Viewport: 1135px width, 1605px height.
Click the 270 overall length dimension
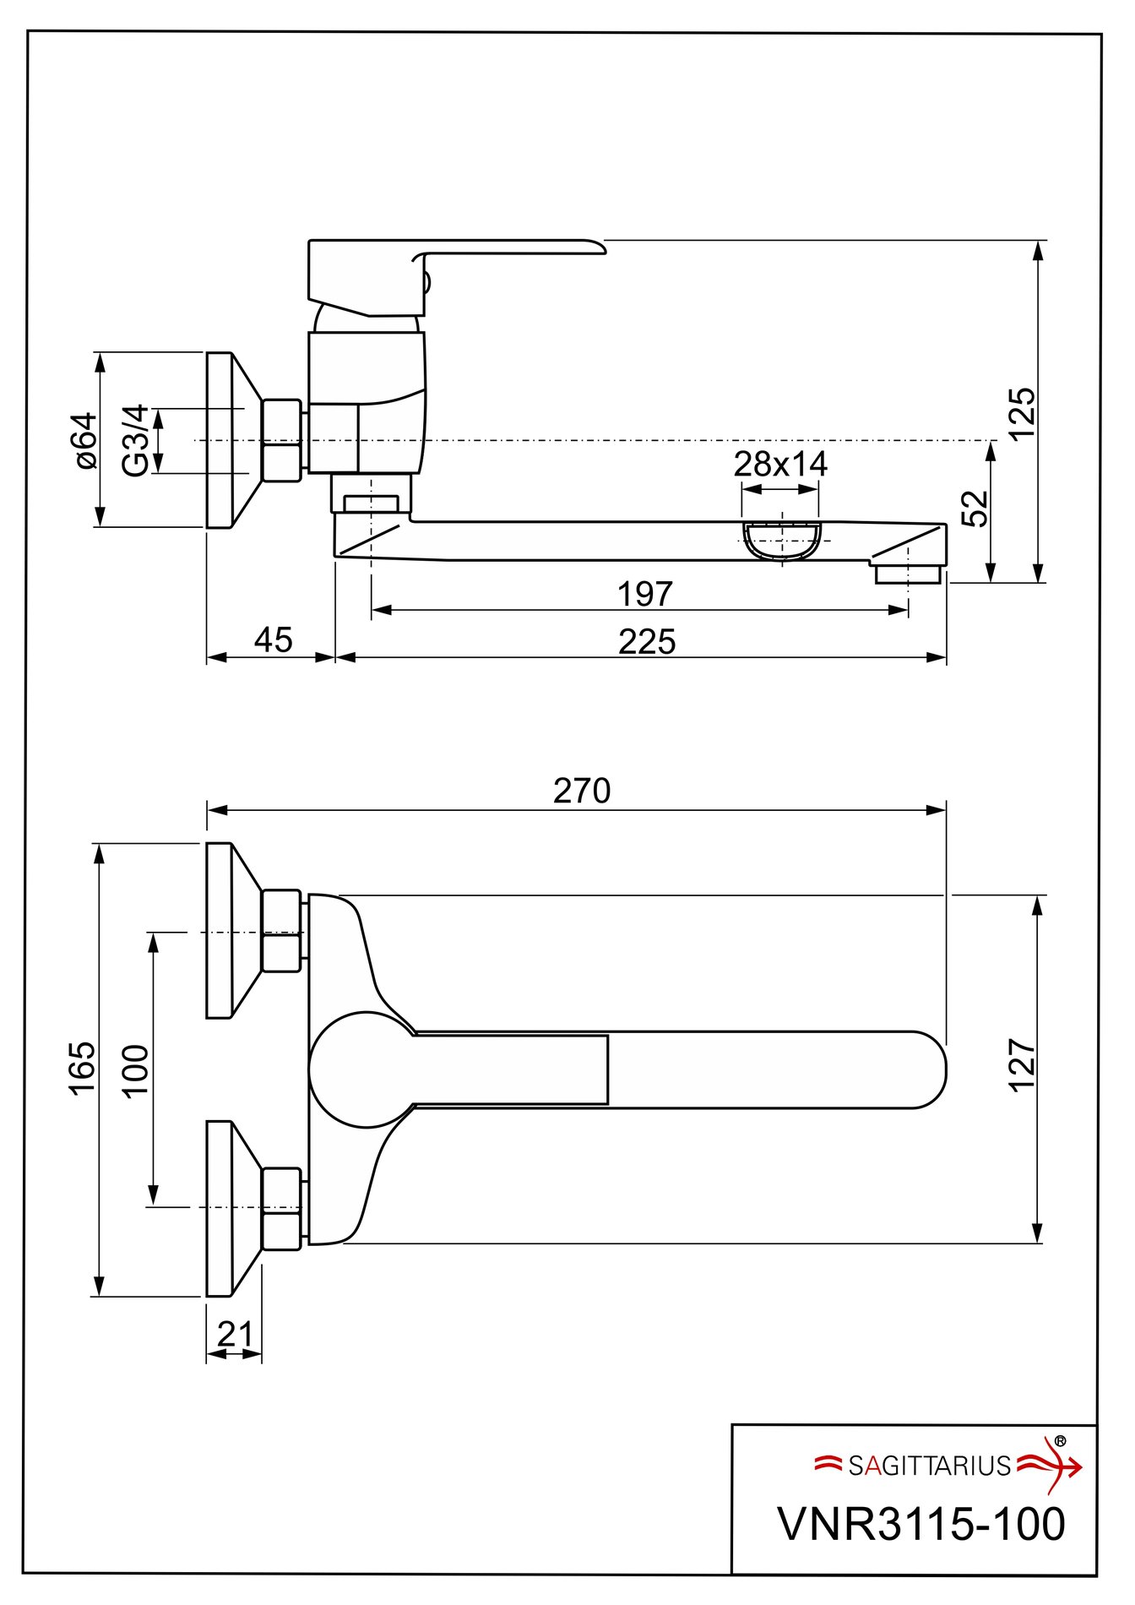pyautogui.click(x=581, y=792)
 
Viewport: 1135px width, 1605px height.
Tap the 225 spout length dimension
pyautogui.click(x=647, y=643)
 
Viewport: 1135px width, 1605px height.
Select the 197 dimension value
pyautogui.click(x=645, y=595)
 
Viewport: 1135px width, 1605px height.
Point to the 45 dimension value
pyautogui.click(x=274, y=640)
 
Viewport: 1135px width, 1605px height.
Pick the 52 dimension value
pyautogui.click(x=975, y=508)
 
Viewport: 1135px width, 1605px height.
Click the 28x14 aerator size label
pyautogui.click(x=780, y=464)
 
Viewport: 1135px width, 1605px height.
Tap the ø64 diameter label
pyautogui.click(x=86, y=440)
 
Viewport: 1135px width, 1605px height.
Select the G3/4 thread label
pyautogui.click(x=136, y=440)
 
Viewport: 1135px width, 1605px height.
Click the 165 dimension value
pyautogui.click(x=83, y=1069)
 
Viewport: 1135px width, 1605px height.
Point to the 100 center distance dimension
pyautogui.click(x=136, y=1070)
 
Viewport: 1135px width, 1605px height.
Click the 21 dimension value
pyautogui.click(x=235, y=1335)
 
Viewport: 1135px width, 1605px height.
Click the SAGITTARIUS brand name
pyautogui.click(x=929, y=1466)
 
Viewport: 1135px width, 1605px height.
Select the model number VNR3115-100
pyautogui.click(x=921, y=1524)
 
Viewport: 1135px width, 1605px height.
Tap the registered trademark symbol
pyautogui.click(x=1060, y=1441)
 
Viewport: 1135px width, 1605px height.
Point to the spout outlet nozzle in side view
pyautogui.click(x=908, y=574)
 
